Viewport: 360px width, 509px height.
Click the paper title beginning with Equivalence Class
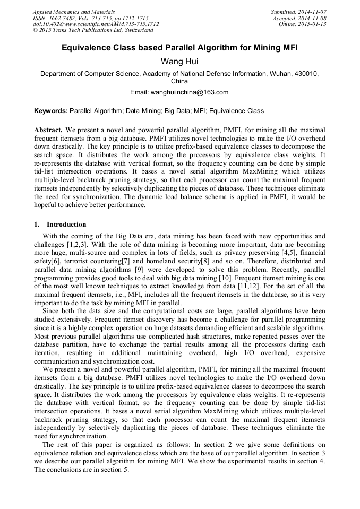[179, 48]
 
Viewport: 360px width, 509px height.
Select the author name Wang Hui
[179, 62]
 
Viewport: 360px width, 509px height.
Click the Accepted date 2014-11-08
[313, 18]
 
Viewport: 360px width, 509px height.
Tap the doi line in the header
[96, 24]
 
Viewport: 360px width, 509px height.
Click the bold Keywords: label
[51, 111]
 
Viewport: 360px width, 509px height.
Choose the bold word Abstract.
[48, 130]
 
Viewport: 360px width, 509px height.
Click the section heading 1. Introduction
[60, 224]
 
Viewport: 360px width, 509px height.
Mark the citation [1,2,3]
[78, 244]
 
